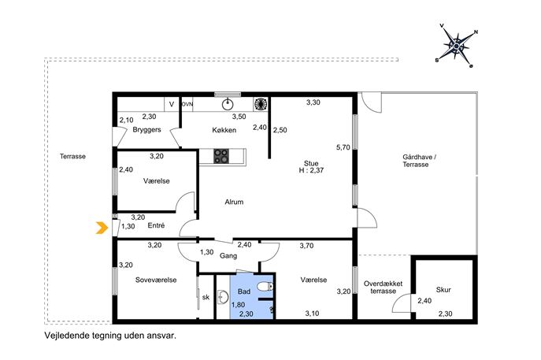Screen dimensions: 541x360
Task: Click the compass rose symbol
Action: tap(457, 46)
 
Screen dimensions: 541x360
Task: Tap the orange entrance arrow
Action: tap(101, 228)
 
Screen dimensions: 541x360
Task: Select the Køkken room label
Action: tap(224, 130)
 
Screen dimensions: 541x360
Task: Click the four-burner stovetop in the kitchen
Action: tap(220, 156)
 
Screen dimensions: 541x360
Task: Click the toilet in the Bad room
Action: tap(265, 287)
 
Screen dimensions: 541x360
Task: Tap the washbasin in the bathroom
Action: tap(223, 297)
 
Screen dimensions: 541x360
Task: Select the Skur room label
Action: tap(443, 290)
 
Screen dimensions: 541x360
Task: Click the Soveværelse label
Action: tap(156, 280)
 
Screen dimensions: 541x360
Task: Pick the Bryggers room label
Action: tap(147, 130)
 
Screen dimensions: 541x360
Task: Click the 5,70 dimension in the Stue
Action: tap(343, 147)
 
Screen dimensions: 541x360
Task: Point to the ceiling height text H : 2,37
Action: tap(311, 170)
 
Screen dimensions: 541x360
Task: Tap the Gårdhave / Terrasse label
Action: tap(419, 161)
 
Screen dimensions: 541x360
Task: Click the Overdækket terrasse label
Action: tap(383, 288)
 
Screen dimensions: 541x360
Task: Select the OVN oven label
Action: tap(187, 104)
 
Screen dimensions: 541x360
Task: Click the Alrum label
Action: tap(234, 202)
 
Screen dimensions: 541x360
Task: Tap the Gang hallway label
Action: tap(228, 256)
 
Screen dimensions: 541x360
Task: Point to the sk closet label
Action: tap(206, 297)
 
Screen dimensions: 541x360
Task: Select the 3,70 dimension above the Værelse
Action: tap(306, 246)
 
